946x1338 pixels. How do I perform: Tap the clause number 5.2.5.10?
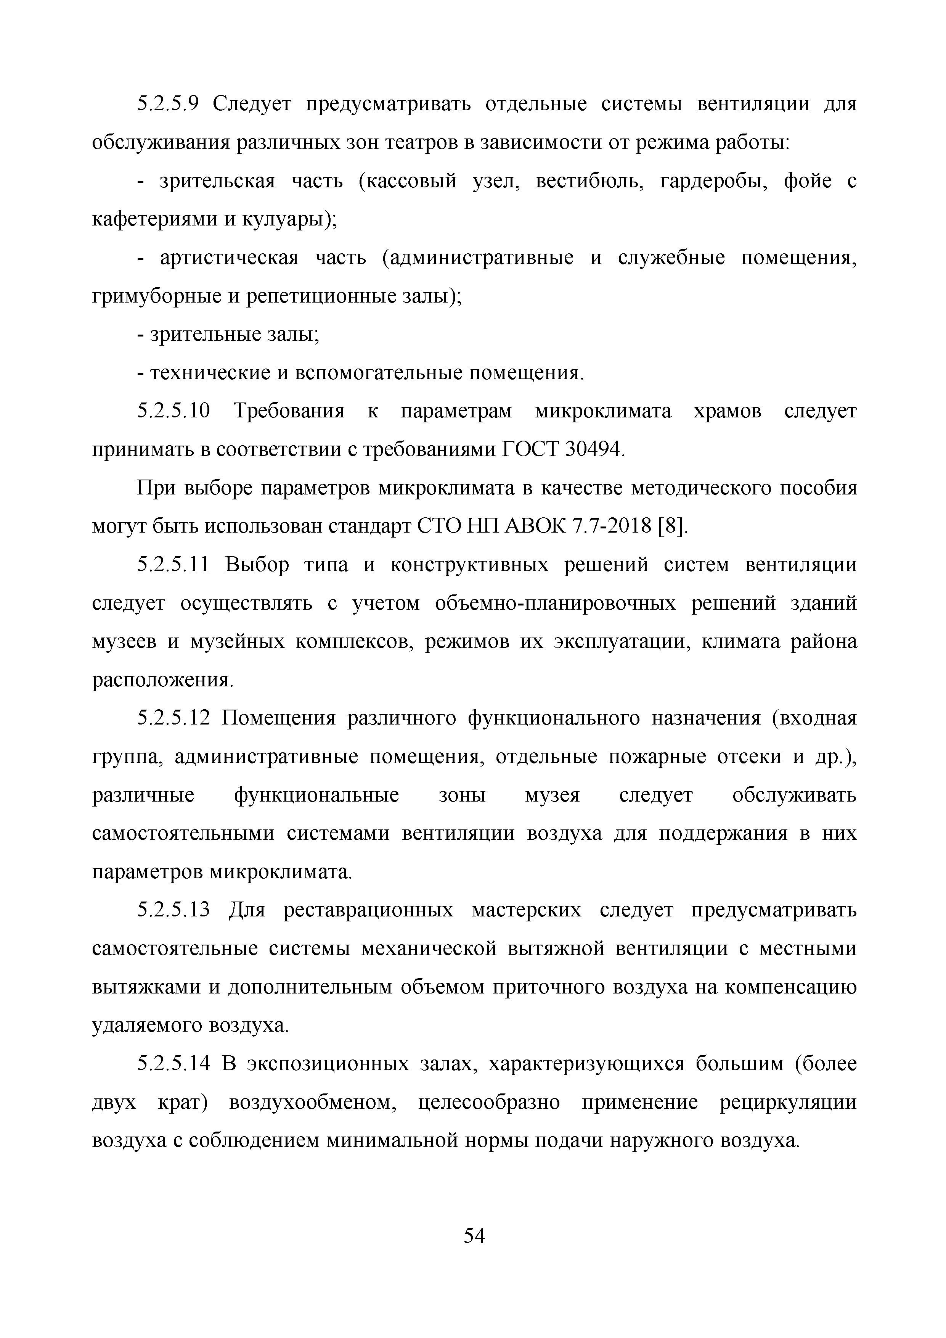click(173, 411)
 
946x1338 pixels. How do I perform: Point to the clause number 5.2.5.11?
click(173, 565)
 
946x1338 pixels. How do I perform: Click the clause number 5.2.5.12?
click(173, 718)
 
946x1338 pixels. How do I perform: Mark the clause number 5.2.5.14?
click(173, 1064)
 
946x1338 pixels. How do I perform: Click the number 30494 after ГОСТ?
click(594, 449)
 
